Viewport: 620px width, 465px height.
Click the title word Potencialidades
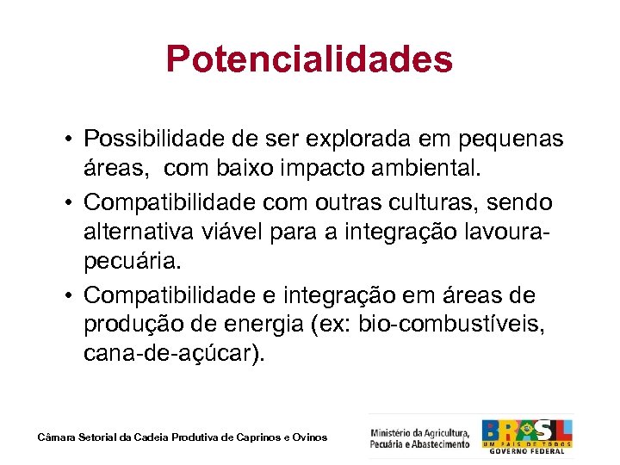(x=309, y=59)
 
